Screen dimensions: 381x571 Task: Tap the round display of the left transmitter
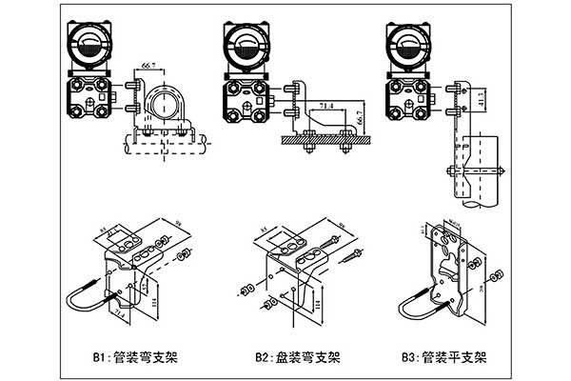tap(90, 44)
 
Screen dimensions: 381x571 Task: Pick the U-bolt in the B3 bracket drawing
tap(419, 303)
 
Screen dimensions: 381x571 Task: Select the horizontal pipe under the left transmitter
tap(167, 145)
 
